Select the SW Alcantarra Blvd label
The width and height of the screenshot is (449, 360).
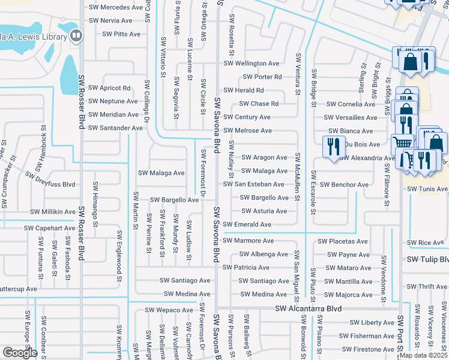click(x=308, y=308)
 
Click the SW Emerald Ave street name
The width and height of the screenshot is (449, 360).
click(x=247, y=225)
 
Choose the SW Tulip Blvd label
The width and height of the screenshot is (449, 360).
click(x=427, y=260)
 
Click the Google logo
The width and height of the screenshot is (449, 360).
click(x=20, y=353)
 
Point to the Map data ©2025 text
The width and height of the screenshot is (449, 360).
click(x=423, y=355)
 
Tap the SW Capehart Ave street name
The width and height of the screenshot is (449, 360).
click(x=50, y=229)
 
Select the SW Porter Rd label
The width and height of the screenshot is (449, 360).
click(x=262, y=77)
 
